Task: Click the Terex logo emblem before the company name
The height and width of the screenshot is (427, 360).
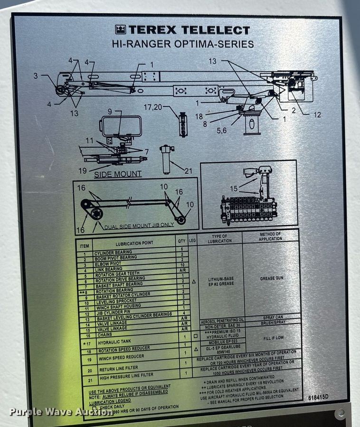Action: (x=121, y=30)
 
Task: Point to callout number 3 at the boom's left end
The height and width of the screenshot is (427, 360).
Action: (x=35, y=75)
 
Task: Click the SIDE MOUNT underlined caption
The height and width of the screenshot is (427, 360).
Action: (x=117, y=174)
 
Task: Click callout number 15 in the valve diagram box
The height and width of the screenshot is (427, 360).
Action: (x=233, y=189)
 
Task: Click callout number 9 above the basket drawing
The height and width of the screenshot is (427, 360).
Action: (x=110, y=112)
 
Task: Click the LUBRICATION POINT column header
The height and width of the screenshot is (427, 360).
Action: (x=131, y=243)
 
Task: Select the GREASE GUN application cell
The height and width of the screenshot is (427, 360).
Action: (x=271, y=279)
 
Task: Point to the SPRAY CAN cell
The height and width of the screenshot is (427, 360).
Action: (x=273, y=318)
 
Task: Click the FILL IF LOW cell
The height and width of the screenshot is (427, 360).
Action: (x=273, y=338)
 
